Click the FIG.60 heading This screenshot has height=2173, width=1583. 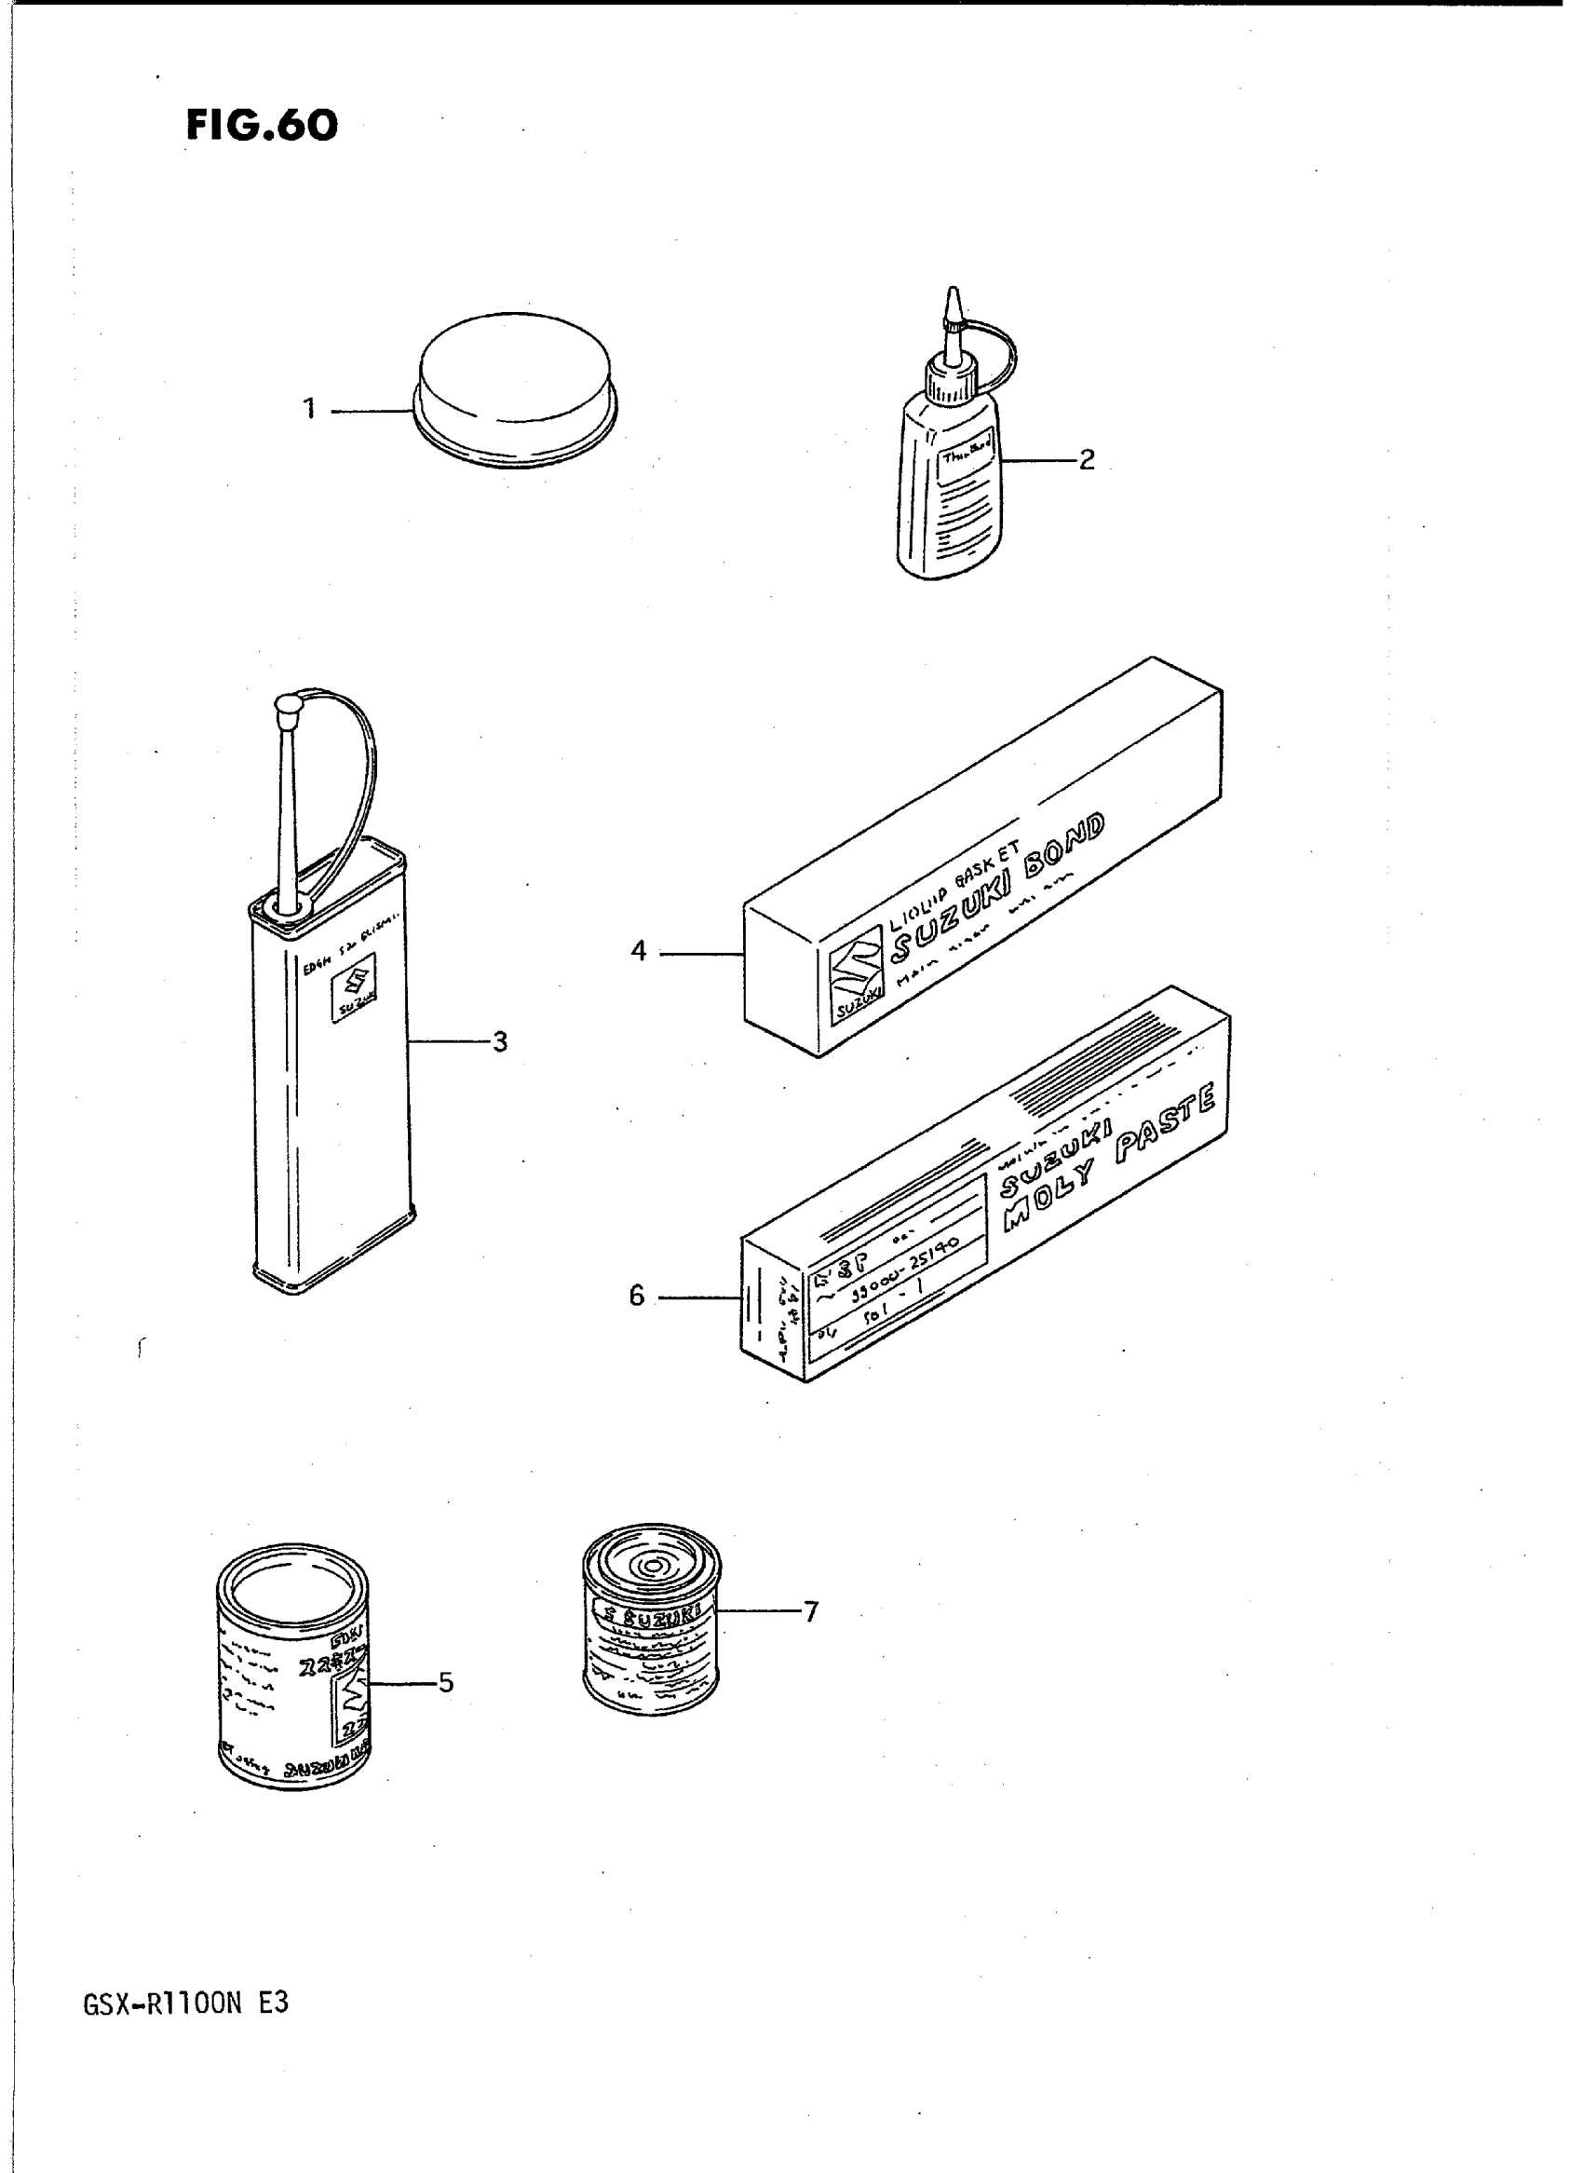262,126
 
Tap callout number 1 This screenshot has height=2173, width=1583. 308,409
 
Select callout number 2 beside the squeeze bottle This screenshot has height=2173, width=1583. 1086,460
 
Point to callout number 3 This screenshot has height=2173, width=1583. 498,1042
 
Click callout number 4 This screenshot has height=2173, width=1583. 638,952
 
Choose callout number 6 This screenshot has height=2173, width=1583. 637,1297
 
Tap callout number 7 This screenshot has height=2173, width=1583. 811,1612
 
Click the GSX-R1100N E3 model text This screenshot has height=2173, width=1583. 186,2005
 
